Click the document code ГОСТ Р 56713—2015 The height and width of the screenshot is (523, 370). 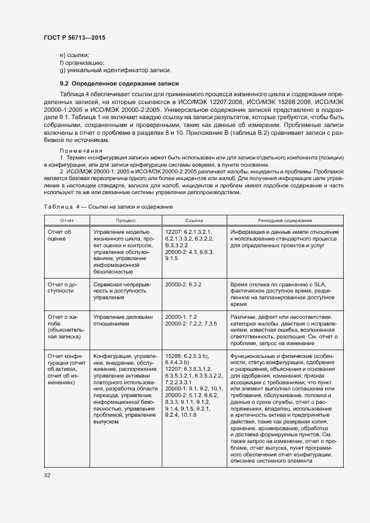point(75,38)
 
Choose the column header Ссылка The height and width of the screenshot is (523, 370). point(194,221)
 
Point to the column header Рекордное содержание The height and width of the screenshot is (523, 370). point(285,221)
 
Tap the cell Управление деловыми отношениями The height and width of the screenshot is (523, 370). point(123,320)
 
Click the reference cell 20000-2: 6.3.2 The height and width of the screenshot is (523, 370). point(183,285)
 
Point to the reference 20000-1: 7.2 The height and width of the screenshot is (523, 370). point(181,317)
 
